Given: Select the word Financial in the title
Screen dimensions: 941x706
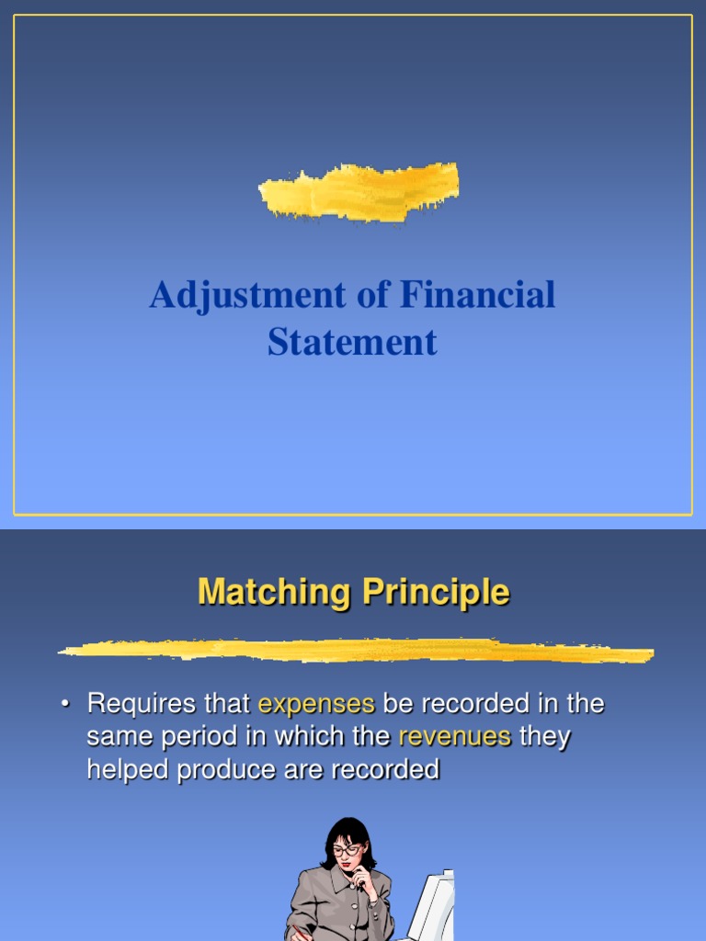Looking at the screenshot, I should click(478, 296).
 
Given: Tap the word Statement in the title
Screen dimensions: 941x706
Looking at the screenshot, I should click(352, 343).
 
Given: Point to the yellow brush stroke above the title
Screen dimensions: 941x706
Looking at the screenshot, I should click(359, 191).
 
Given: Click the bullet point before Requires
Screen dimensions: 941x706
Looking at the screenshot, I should click(65, 705).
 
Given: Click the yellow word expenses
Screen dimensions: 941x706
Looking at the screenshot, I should click(316, 705).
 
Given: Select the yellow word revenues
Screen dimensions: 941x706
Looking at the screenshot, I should click(454, 737).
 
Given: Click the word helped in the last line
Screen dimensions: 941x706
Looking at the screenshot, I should click(128, 769).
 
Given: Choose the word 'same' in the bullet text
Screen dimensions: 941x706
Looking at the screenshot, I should click(114, 737).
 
